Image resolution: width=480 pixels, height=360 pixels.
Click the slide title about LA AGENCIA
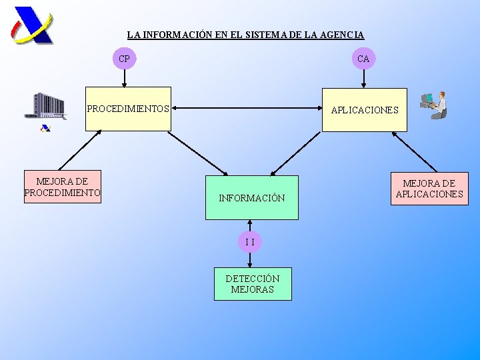click(245, 34)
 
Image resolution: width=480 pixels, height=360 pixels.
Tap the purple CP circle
click(124, 59)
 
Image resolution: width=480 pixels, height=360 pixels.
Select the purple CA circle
click(363, 59)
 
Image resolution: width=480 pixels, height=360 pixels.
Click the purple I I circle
click(249, 241)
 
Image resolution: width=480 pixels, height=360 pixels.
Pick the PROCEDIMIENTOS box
click(128, 109)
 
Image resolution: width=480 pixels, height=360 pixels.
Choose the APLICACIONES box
click(364, 110)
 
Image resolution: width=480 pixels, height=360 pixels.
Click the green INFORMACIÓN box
click(251, 198)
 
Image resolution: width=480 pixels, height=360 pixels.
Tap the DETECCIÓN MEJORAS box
click(252, 284)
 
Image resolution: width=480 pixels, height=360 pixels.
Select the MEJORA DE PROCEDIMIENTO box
click(62, 187)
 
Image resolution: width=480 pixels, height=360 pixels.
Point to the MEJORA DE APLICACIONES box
click(429, 189)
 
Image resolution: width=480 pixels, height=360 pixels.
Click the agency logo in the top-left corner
click(32, 25)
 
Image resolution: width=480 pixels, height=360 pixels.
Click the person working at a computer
click(434, 105)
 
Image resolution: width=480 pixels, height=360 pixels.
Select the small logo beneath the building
click(45, 128)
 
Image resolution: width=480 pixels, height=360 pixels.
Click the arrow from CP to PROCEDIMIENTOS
click(124, 78)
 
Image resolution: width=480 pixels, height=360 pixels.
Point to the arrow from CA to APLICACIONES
click(363, 78)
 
